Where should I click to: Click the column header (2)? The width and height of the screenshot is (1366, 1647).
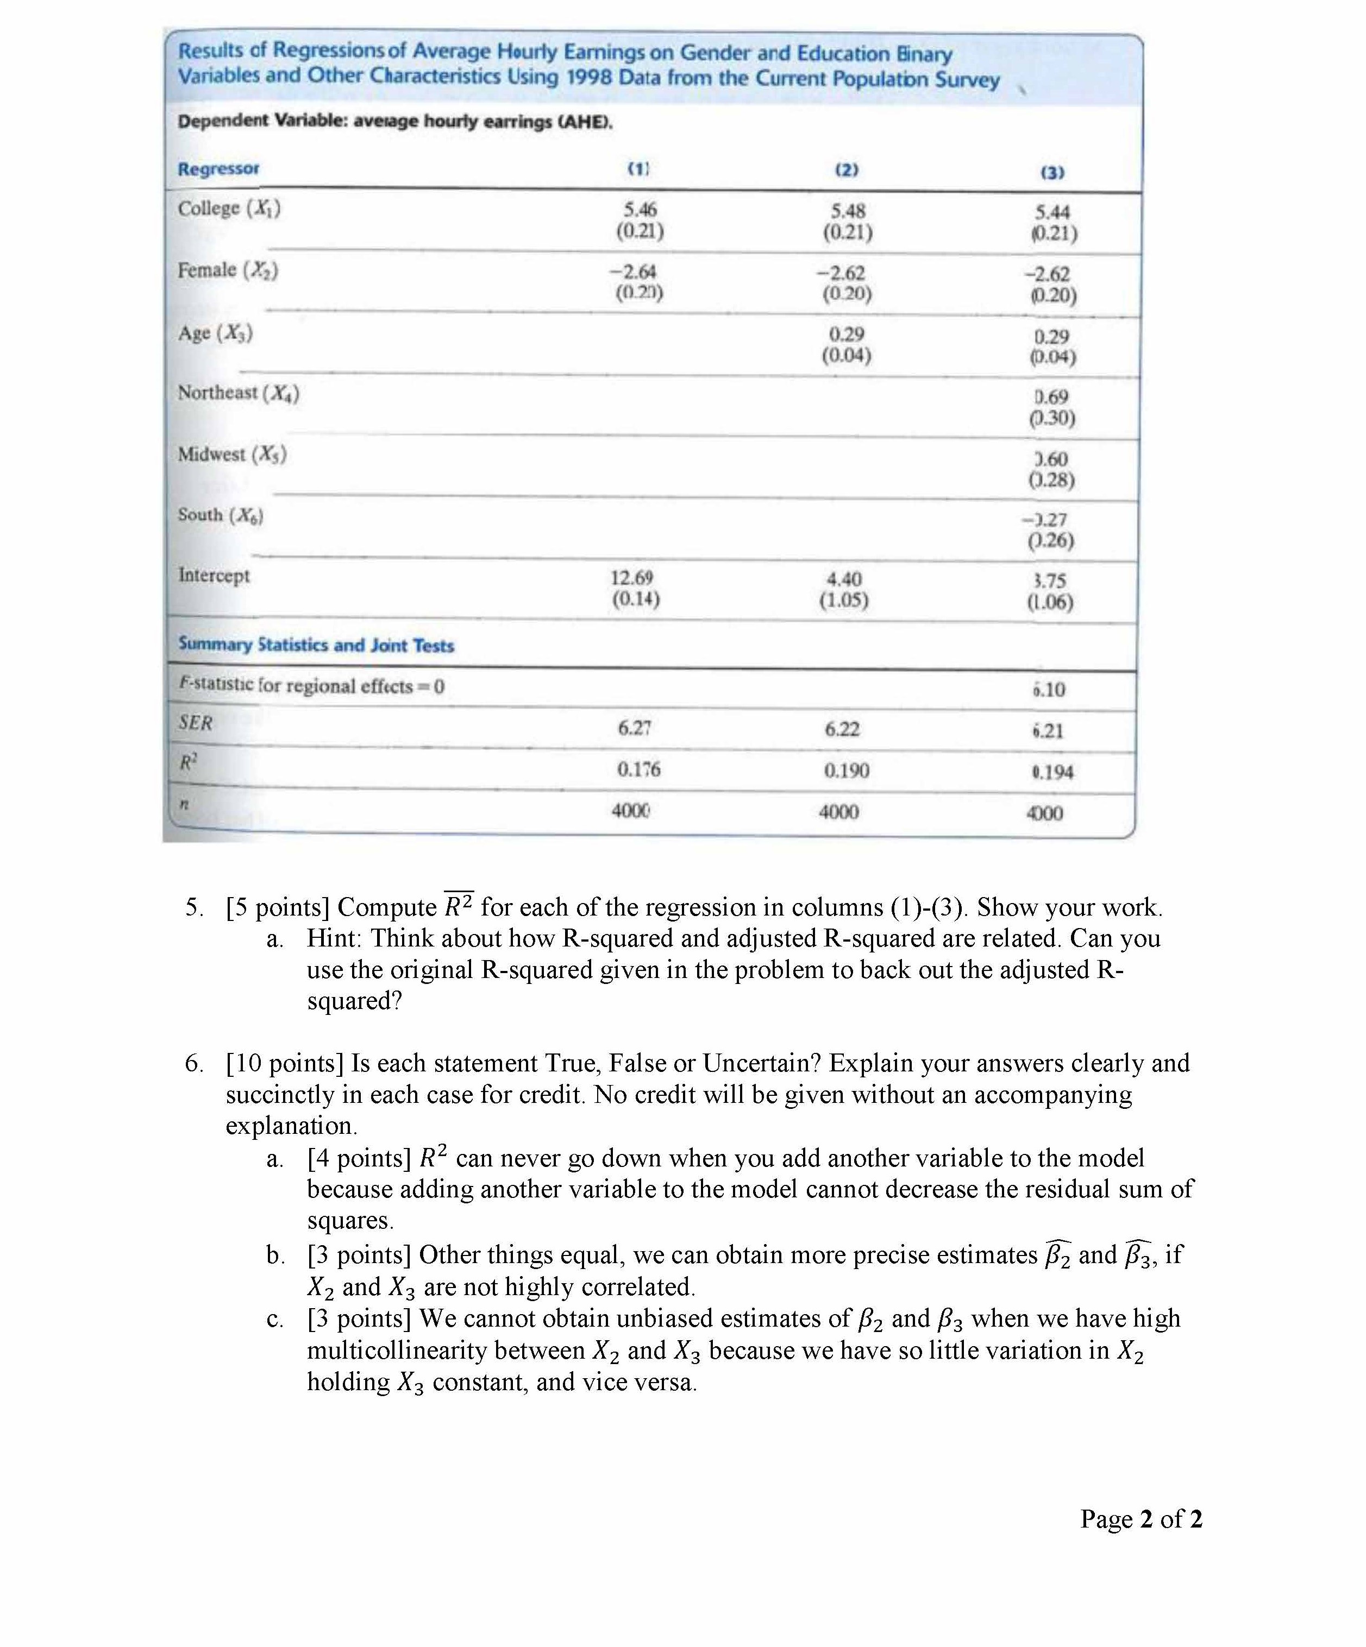tap(847, 169)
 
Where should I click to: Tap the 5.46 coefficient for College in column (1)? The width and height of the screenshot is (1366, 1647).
tap(640, 210)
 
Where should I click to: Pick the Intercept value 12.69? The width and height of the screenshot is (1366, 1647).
tap(632, 578)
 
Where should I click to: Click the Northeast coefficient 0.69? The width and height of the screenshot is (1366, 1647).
tap(1051, 397)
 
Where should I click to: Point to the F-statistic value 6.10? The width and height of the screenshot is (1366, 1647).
tap(1049, 690)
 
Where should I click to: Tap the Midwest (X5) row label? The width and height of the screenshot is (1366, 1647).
tap(232, 454)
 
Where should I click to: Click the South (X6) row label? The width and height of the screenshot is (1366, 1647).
tap(221, 515)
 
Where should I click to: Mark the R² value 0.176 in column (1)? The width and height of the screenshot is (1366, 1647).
tap(638, 769)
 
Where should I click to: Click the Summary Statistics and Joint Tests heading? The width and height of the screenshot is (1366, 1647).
tap(316, 645)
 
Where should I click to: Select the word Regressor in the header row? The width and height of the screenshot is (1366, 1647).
tap(218, 169)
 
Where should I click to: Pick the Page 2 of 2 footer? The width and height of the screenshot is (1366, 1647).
tap(1141, 1519)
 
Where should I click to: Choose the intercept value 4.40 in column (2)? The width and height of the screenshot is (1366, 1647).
tap(844, 579)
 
